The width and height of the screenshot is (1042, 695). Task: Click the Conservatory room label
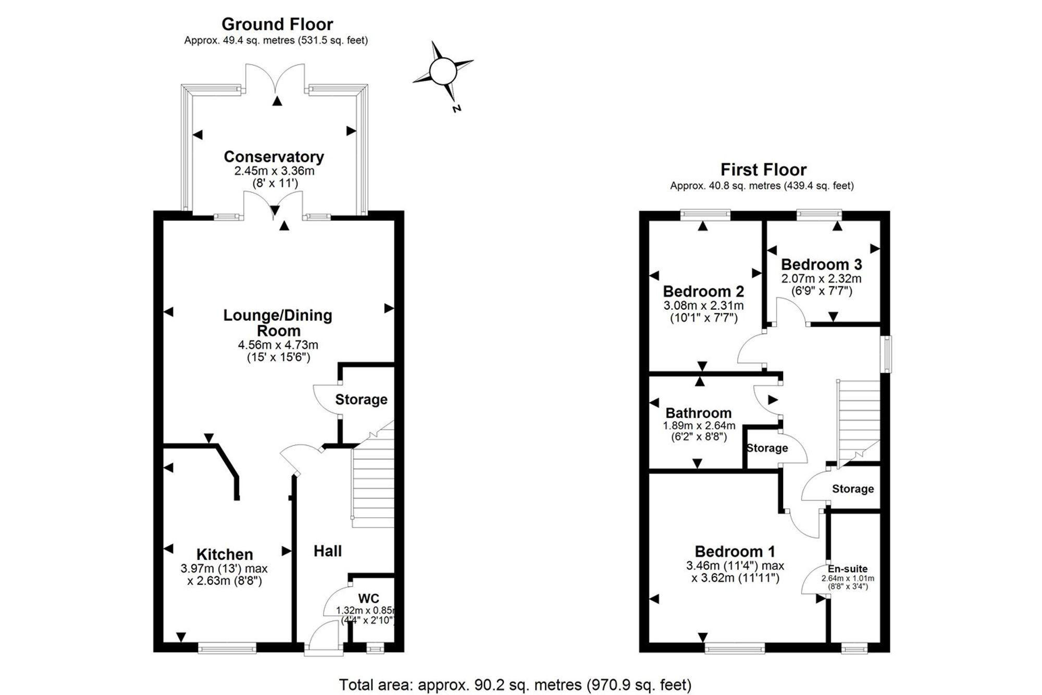point(274,157)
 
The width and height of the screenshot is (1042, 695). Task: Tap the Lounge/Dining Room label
point(278,323)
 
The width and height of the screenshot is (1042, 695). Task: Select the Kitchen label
point(225,554)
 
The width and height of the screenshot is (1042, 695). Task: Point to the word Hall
point(328,551)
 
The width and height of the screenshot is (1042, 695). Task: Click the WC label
point(368,599)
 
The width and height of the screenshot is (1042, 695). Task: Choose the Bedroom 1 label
point(735,551)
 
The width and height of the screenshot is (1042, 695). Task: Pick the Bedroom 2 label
point(703,291)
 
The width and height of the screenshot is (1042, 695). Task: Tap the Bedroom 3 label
point(822,264)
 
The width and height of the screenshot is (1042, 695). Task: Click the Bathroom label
point(699,413)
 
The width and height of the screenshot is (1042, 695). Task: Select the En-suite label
point(848,569)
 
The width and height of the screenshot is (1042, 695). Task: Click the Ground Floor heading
point(277,24)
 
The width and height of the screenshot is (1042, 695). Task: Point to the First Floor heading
point(763,169)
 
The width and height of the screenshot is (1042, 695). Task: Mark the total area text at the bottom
point(515,685)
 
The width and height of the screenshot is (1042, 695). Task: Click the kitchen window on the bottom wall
point(227,648)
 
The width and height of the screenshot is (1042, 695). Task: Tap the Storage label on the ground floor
point(361,400)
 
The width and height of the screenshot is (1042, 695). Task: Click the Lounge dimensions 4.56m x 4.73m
point(278,345)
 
